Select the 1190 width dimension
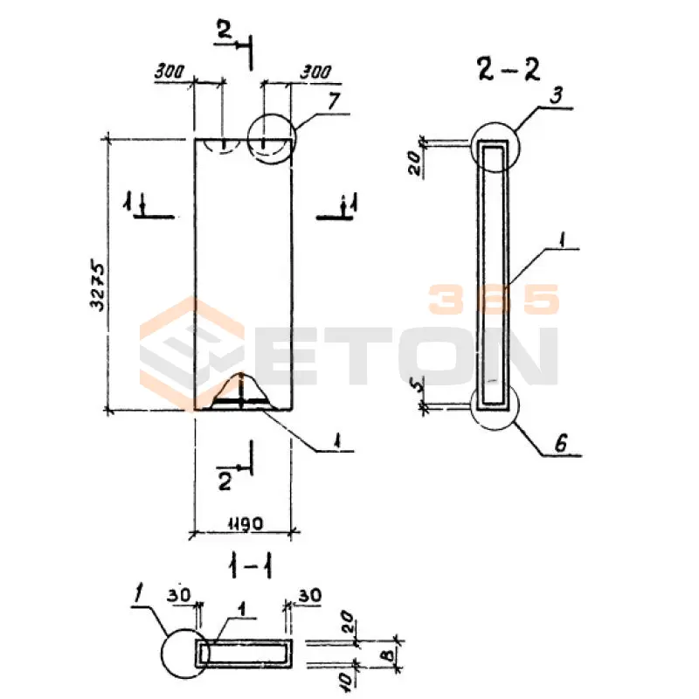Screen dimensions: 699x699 pyautogui.click(x=241, y=522)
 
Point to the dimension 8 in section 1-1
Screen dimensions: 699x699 pyautogui.click(x=384, y=653)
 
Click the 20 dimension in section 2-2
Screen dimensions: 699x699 pyautogui.click(x=417, y=160)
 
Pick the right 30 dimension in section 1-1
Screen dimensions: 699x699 pyautogui.click(x=309, y=595)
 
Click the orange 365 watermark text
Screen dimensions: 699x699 pyautogui.click(x=493, y=300)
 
